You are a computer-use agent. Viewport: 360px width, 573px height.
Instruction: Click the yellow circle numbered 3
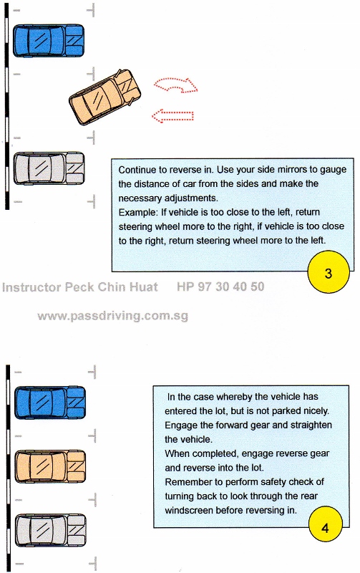point(329,272)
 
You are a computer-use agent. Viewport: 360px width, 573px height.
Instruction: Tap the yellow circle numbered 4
point(326,526)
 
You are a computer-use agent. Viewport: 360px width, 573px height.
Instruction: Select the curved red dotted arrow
point(175,85)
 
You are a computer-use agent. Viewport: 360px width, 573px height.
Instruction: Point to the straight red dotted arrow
point(172,116)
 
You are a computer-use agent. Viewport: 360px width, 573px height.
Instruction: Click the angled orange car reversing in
point(104,97)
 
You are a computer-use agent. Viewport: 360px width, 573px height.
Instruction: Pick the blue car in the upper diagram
point(49,41)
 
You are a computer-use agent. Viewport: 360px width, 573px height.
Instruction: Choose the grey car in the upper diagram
point(49,168)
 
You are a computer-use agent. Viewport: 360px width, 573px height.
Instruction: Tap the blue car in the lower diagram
point(50,403)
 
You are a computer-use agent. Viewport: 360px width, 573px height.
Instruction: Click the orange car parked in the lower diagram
point(50,466)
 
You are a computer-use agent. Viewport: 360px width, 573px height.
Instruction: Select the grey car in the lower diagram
point(50,530)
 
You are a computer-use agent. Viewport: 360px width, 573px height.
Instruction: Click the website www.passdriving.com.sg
point(113,316)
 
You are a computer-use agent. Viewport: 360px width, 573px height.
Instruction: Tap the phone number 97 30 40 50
point(230,286)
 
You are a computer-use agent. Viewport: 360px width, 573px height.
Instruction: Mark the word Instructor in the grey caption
point(31,287)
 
